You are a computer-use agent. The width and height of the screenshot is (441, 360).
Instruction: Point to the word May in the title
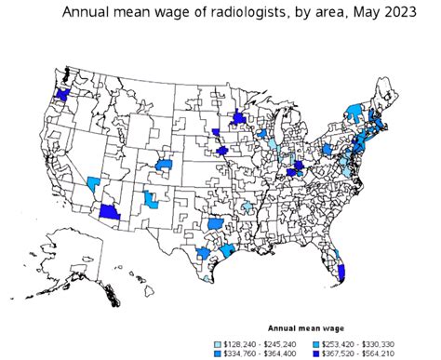click(x=367, y=13)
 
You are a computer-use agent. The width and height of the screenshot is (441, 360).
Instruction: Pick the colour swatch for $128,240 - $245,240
click(x=220, y=342)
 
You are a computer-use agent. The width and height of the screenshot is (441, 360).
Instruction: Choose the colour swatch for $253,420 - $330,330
click(x=316, y=342)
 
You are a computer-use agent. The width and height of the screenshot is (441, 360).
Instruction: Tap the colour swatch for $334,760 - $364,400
click(x=220, y=353)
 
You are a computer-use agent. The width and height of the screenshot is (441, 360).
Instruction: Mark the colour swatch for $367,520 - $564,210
click(x=316, y=353)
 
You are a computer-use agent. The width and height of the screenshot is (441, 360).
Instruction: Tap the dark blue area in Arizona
click(x=110, y=212)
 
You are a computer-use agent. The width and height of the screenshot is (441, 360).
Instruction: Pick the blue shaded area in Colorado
click(x=164, y=165)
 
